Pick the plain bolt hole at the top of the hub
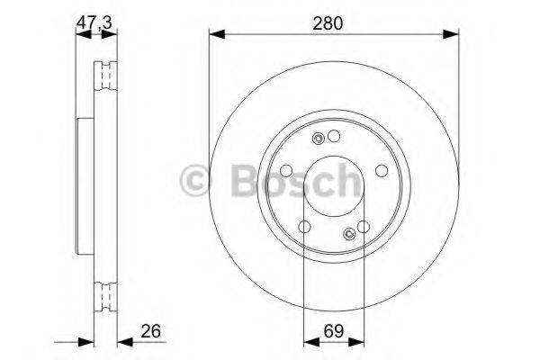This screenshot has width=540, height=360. [x=335, y=136]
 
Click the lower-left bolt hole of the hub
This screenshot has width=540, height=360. [x=305, y=226]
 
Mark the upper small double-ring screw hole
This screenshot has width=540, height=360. [x=319, y=139]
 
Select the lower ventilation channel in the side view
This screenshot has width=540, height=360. [x=106, y=292]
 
